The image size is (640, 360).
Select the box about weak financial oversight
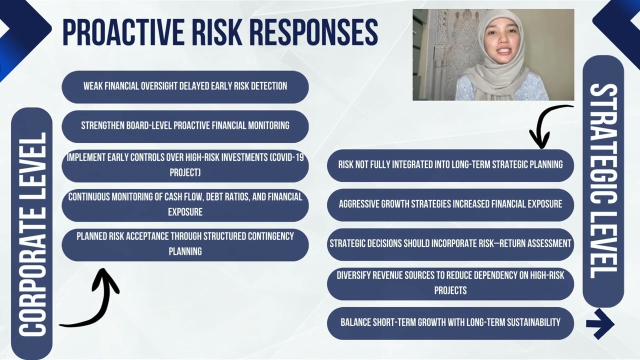[x=185, y=86]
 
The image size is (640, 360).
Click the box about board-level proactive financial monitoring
[x=185, y=125]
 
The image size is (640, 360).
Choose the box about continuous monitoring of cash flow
[x=185, y=204]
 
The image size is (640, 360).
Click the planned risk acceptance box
[x=185, y=244]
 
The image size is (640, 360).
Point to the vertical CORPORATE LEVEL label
[x=32, y=233]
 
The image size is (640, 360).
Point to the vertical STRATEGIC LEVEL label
[x=603, y=181]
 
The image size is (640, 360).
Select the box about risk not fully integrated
[x=450, y=164]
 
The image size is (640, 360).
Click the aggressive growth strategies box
[x=450, y=204]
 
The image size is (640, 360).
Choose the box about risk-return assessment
[x=450, y=243]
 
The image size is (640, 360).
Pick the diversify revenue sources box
[x=450, y=283]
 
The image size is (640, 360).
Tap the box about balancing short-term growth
[x=450, y=322]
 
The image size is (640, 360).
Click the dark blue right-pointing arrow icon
[x=600, y=323]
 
